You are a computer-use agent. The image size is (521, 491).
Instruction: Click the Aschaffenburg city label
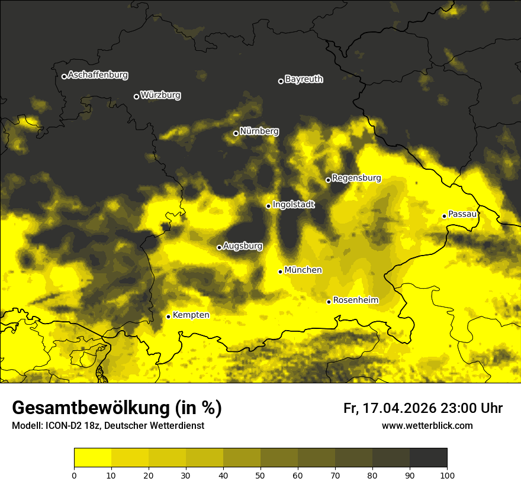(98, 75)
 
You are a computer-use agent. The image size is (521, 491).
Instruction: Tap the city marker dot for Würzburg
(136, 96)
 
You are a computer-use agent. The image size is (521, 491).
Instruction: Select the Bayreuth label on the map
(304, 79)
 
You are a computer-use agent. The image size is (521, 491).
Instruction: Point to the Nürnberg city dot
(236, 133)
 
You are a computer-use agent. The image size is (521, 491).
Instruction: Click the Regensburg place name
(356, 178)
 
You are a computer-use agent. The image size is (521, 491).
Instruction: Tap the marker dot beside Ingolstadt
(268, 206)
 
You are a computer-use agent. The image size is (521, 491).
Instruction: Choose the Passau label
(462, 214)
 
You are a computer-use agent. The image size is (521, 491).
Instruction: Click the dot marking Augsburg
(219, 247)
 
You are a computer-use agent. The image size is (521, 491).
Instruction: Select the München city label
(303, 270)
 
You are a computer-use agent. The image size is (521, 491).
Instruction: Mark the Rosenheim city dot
(329, 302)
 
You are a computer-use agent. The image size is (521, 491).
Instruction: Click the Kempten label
(191, 315)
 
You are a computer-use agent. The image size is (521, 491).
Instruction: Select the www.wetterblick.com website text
(427, 426)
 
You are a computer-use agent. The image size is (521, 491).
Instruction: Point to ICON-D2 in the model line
(62, 426)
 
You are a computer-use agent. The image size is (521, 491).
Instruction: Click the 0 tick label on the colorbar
(74, 475)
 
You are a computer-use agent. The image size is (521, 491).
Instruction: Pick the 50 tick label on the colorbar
(260, 475)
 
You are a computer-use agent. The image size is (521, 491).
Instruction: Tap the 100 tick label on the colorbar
(447, 475)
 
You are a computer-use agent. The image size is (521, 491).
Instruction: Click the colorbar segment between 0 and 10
(92, 458)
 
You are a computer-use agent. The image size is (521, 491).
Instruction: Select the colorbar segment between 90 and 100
(428, 458)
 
